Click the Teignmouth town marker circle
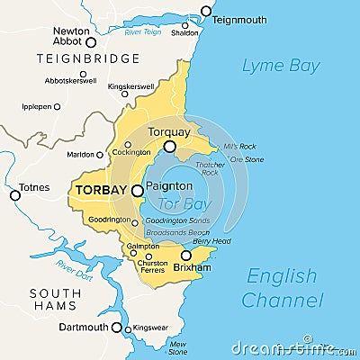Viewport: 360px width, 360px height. [206, 12]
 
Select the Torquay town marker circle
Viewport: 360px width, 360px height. [169, 146]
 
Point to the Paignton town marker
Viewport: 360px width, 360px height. [137, 191]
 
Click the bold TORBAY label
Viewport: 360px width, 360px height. [101, 191]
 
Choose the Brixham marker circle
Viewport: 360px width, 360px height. [186, 256]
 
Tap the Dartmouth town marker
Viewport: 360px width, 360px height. [116, 328]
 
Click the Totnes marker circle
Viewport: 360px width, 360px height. [14, 195]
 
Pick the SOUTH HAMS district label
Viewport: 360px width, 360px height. [54, 303]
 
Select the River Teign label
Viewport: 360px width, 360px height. [143, 31]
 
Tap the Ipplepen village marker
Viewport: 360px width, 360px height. [58, 106]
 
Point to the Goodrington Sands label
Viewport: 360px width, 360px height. [176, 220]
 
